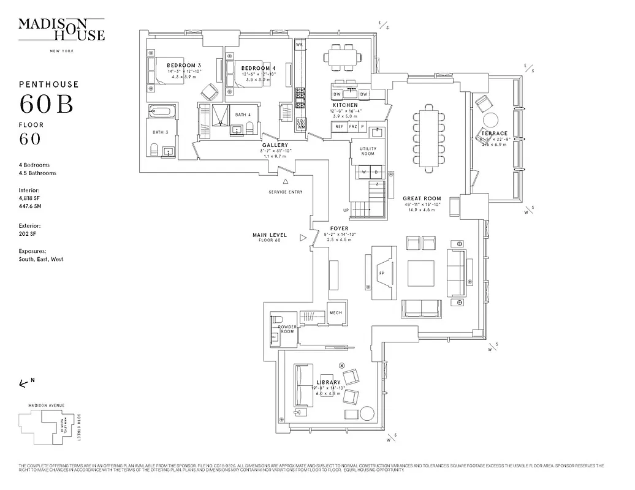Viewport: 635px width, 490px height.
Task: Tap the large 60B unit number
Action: [x=47, y=104]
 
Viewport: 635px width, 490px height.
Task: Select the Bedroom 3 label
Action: [x=184, y=66]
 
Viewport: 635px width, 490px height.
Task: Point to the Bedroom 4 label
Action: [x=258, y=68]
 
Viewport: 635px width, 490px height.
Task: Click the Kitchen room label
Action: [x=345, y=105]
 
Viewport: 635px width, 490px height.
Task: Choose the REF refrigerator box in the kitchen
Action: [x=339, y=126]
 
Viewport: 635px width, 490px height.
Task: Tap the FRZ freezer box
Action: [x=353, y=126]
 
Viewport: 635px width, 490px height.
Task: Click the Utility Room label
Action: [x=368, y=151]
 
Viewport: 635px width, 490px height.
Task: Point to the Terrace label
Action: [x=494, y=133]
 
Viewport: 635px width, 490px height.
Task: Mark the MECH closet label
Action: [x=335, y=312]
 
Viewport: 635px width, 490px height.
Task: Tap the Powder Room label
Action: [x=287, y=330]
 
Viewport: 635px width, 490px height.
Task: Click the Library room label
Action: [x=329, y=382]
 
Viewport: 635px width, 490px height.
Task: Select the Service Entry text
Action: [x=286, y=192]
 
